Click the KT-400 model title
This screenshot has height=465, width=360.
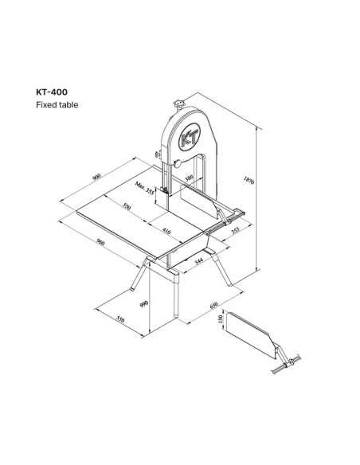(x=52, y=92)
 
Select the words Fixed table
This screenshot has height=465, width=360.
(x=57, y=105)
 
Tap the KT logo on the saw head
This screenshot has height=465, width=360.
(x=190, y=137)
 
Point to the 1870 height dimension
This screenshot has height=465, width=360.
(x=248, y=180)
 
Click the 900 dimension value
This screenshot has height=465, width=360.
(x=96, y=177)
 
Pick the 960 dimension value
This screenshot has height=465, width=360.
(x=101, y=242)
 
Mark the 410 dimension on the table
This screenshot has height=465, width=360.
(x=166, y=231)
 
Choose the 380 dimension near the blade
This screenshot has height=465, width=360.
(x=189, y=178)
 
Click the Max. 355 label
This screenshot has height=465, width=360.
(x=145, y=188)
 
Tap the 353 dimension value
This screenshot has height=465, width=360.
(x=235, y=230)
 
